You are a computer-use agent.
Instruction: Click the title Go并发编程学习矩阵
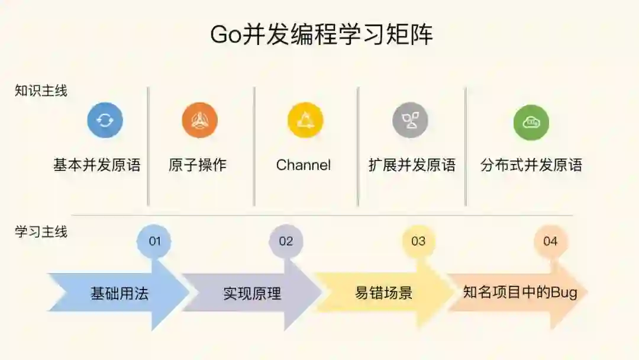point(321,35)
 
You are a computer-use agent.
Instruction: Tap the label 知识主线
point(41,91)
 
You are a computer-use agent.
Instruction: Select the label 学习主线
point(41,232)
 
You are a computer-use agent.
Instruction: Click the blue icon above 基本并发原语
point(105,121)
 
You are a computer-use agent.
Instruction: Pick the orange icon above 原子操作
point(199,121)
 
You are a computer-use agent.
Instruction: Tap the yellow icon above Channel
point(305,121)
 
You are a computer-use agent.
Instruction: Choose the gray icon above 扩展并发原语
point(410,121)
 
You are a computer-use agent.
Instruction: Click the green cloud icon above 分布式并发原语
point(531,123)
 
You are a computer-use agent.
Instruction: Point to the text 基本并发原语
point(97,165)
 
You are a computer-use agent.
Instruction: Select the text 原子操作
point(198,165)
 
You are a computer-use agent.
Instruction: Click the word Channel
point(304,165)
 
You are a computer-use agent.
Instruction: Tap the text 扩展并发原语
point(412,165)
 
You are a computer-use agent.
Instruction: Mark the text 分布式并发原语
point(531,165)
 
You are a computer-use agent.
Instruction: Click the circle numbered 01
point(154,241)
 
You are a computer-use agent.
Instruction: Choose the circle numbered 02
point(286,241)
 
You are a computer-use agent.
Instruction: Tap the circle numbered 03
point(418,241)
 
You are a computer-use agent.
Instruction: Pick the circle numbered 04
point(550,241)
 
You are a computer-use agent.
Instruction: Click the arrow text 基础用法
point(119,293)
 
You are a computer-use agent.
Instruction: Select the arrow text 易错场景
point(383,293)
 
